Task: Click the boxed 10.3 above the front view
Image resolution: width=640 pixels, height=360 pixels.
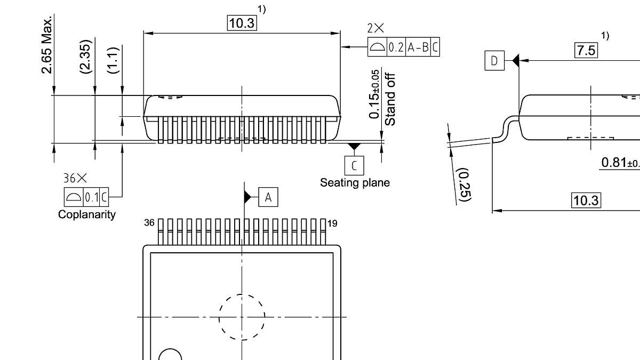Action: (242, 23)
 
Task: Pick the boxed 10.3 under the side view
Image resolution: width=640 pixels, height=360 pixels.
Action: (586, 201)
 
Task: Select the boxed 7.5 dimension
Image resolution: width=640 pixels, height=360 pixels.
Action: (586, 51)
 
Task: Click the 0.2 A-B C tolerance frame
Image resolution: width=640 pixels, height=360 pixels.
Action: (404, 47)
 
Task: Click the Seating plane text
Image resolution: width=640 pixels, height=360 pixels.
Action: (355, 183)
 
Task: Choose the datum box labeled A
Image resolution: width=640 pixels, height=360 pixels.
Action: (268, 197)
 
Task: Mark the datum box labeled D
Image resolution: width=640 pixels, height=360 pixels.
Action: (494, 61)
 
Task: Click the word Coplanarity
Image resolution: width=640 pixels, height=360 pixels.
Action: (87, 214)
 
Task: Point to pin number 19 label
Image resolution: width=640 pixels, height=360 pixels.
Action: (332, 224)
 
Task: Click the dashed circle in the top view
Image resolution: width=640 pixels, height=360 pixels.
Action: (242, 317)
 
